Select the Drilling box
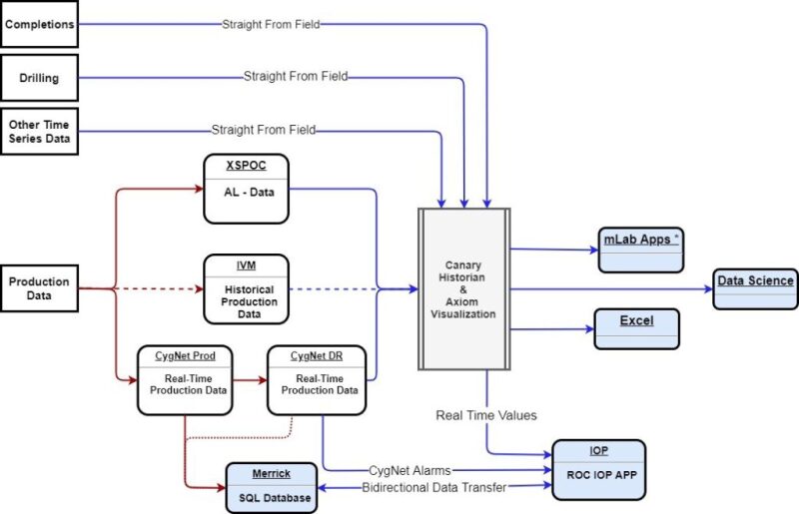(x=39, y=77)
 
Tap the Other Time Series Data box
(x=39, y=131)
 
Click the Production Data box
(x=39, y=289)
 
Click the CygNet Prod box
(x=186, y=380)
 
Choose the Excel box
(x=636, y=328)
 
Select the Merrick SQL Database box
(x=272, y=488)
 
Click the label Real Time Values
(x=485, y=413)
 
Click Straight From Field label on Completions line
(x=271, y=23)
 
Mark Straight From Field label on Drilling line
(x=296, y=76)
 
